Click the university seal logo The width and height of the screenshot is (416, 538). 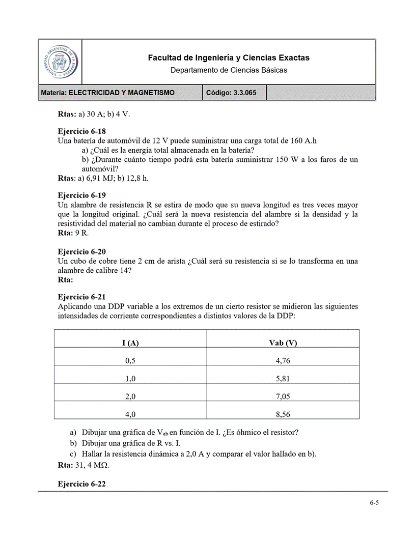[x=60, y=61]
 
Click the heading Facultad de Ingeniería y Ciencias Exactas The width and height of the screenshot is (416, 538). [x=229, y=58]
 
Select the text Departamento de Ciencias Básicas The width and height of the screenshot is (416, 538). [x=229, y=70]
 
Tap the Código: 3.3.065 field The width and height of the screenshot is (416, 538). [x=234, y=93]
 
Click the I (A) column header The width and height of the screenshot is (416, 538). [x=130, y=343]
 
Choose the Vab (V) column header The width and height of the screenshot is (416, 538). [x=283, y=343]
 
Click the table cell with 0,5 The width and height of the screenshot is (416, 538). [x=130, y=361]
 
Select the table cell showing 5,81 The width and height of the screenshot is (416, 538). [x=283, y=379]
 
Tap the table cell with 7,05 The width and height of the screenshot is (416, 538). [x=283, y=397]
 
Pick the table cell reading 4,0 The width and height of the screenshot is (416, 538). [x=130, y=414]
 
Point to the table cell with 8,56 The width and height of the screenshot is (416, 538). [x=283, y=414]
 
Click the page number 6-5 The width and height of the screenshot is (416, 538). [x=374, y=503]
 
